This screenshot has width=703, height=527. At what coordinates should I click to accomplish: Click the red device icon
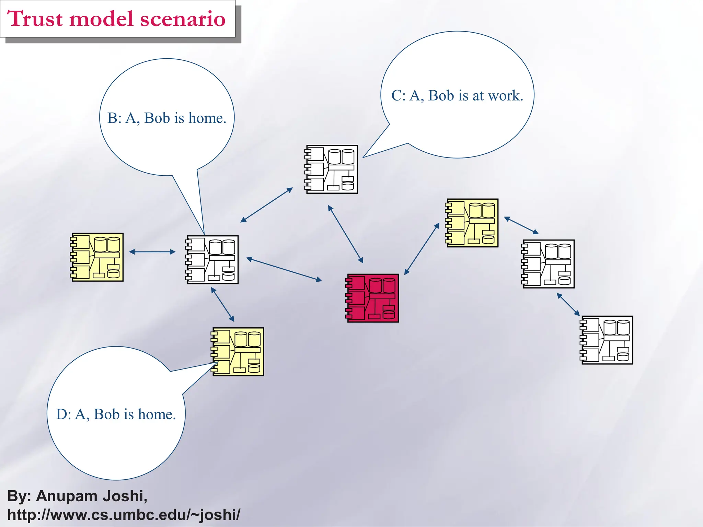tap(372, 298)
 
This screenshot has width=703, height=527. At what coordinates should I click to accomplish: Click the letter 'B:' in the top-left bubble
tap(115, 118)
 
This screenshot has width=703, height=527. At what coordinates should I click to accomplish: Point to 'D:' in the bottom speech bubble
tap(64, 414)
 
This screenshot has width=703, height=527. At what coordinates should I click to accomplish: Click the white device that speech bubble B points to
tap(212, 260)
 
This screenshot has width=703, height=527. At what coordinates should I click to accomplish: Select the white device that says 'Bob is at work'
tap(332, 169)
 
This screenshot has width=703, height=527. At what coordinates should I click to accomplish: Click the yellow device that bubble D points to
tap(238, 352)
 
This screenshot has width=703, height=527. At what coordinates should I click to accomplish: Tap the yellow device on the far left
tap(97, 257)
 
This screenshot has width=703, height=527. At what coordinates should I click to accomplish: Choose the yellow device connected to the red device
tap(472, 223)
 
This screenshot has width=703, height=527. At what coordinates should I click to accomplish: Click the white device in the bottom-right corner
tap(607, 340)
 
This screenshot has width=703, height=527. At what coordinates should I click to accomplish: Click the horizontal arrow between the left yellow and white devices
tap(152, 252)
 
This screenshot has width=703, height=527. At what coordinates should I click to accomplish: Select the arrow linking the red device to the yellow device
tap(422, 249)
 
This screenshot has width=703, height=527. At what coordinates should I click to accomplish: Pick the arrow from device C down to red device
tap(345, 234)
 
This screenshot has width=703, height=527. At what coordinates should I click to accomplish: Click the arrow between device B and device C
tap(266, 205)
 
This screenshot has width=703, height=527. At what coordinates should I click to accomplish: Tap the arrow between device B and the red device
tap(284, 269)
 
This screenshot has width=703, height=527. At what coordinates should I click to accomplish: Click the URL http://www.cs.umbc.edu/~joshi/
tap(124, 515)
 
